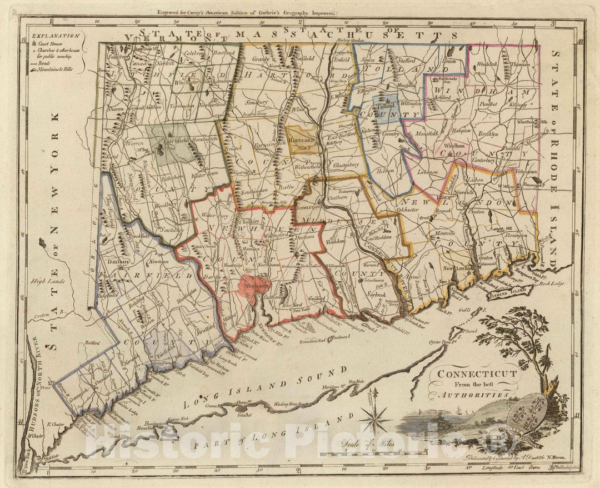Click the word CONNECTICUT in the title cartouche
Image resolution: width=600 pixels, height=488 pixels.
pos(477,374)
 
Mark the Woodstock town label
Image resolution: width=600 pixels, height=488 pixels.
pos(487,64)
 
